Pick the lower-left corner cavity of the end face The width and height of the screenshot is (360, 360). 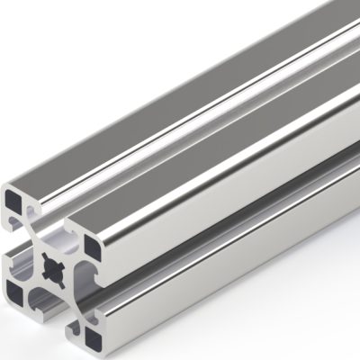[17, 288]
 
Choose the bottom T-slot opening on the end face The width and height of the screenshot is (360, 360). [45, 311]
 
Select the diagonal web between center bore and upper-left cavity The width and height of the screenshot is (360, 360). [33, 249]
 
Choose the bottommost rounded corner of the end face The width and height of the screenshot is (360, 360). [94, 351]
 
